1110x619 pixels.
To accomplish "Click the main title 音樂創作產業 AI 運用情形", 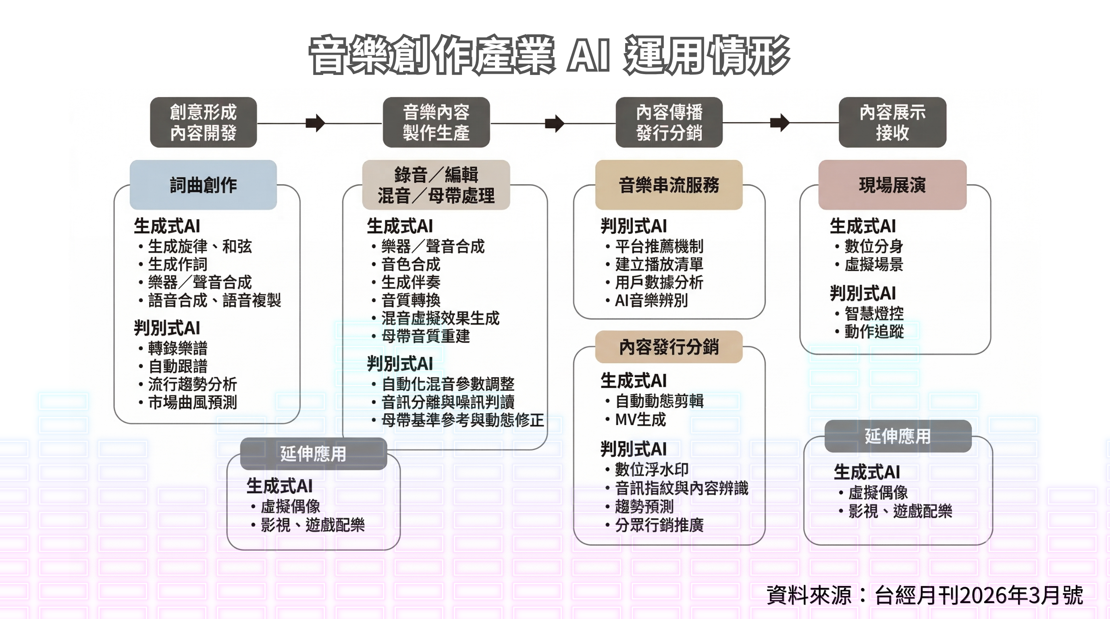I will pyautogui.click(x=549, y=55).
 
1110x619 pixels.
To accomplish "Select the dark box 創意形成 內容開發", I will pyautogui.click(x=204, y=123).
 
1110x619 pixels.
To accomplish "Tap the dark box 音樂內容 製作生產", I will pyautogui.click(x=436, y=123).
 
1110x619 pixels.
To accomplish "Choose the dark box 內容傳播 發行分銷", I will pyautogui.click(x=669, y=123).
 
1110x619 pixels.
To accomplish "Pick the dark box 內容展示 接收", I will pyautogui.click(x=892, y=123).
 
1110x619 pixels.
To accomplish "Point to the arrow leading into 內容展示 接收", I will pyautogui.click(x=779, y=123).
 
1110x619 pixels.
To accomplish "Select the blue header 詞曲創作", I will pyautogui.click(x=204, y=185).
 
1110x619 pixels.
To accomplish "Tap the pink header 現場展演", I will pyautogui.click(x=892, y=185).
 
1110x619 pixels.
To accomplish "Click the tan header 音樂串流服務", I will pyautogui.click(x=669, y=185).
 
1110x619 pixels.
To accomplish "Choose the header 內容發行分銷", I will pyautogui.click(x=669, y=347).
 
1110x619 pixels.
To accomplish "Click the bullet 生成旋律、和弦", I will pyautogui.click(x=200, y=246).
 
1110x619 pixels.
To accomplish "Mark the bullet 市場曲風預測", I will pyautogui.click(x=193, y=402).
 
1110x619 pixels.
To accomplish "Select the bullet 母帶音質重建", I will pyautogui.click(x=425, y=336).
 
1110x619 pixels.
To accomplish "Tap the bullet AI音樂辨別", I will pyautogui.click(x=651, y=300).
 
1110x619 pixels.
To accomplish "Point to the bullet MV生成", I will pyautogui.click(x=640, y=419).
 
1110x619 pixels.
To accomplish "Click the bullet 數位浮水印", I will pyautogui.click(x=651, y=469).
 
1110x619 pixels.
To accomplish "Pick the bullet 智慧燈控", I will pyautogui.click(x=874, y=313).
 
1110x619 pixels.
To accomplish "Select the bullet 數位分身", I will pyautogui.click(x=873, y=246).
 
